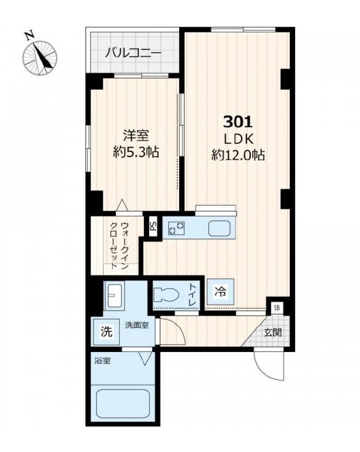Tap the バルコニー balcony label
(x=133, y=52)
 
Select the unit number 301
(x=238, y=122)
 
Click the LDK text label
(x=238, y=139)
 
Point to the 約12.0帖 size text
(x=238, y=155)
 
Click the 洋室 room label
(x=135, y=136)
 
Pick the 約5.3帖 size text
(x=135, y=153)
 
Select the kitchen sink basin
(x=220, y=229)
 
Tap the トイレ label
(x=192, y=293)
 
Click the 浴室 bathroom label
(x=103, y=361)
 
